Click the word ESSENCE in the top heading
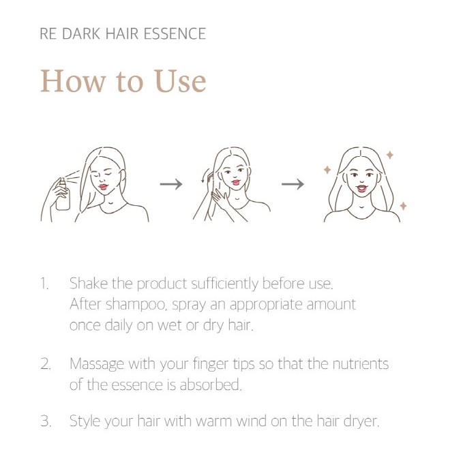click(x=175, y=33)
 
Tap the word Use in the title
click(x=180, y=81)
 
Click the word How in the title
click(x=73, y=81)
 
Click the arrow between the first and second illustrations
click(x=171, y=184)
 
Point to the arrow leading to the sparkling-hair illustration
click(x=292, y=184)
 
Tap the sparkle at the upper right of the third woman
click(x=390, y=155)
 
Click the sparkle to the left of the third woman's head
click(x=327, y=170)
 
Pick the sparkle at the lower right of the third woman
click(x=403, y=205)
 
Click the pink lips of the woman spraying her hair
click(x=103, y=187)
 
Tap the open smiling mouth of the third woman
click(x=362, y=188)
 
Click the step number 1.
click(x=44, y=284)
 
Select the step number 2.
click(x=46, y=364)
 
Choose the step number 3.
click(x=46, y=421)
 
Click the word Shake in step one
click(x=89, y=284)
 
